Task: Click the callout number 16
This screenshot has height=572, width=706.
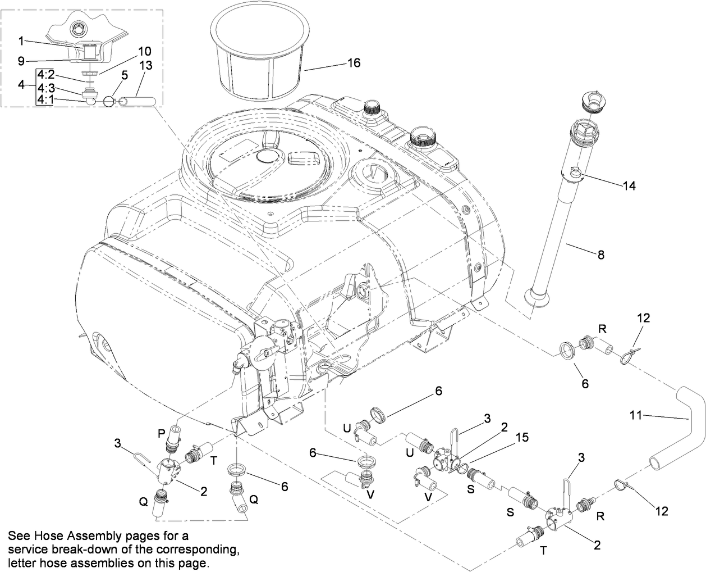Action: tap(354, 62)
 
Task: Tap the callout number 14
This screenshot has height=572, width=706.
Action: tap(630, 186)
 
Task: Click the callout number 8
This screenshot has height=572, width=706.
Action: tap(600, 255)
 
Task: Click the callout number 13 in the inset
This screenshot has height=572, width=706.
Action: tap(145, 65)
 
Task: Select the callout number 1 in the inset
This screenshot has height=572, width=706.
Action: tap(21, 40)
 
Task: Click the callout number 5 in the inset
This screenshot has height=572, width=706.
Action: tap(125, 74)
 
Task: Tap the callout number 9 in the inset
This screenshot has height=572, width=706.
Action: tap(21, 60)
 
